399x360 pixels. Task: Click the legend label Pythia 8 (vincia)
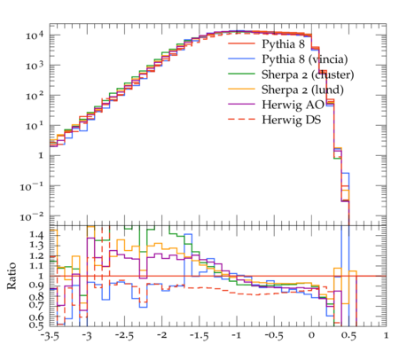tap(305, 59)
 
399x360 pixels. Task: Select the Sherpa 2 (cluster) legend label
tap(308, 74)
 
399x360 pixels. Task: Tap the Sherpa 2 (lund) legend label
tap(302, 90)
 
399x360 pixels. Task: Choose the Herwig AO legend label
tap(293, 105)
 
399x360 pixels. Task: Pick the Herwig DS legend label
tap(292, 120)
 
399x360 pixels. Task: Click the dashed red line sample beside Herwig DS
tap(241, 119)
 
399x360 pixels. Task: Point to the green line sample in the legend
tap(241, 74)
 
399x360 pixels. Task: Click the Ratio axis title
tap(12, 276)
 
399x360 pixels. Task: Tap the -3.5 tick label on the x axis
tap(50, 336)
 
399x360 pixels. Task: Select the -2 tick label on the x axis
tap(161, 335)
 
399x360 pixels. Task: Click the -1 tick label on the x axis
tap(236, 335)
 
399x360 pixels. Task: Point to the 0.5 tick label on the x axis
tap(348, 336)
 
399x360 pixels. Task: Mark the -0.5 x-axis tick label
tap(274, 336)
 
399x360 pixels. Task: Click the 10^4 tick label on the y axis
tap(35, 35)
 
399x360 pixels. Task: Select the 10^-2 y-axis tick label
tap(32, 216)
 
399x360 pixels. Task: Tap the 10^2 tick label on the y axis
tap(35, 96)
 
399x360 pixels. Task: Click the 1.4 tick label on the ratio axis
tap(37, 236)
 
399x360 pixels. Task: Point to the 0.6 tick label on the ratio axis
tap(37, 317)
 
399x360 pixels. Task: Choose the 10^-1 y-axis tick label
tap(32, 186)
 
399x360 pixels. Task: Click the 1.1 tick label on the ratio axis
tap(37, 266)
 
